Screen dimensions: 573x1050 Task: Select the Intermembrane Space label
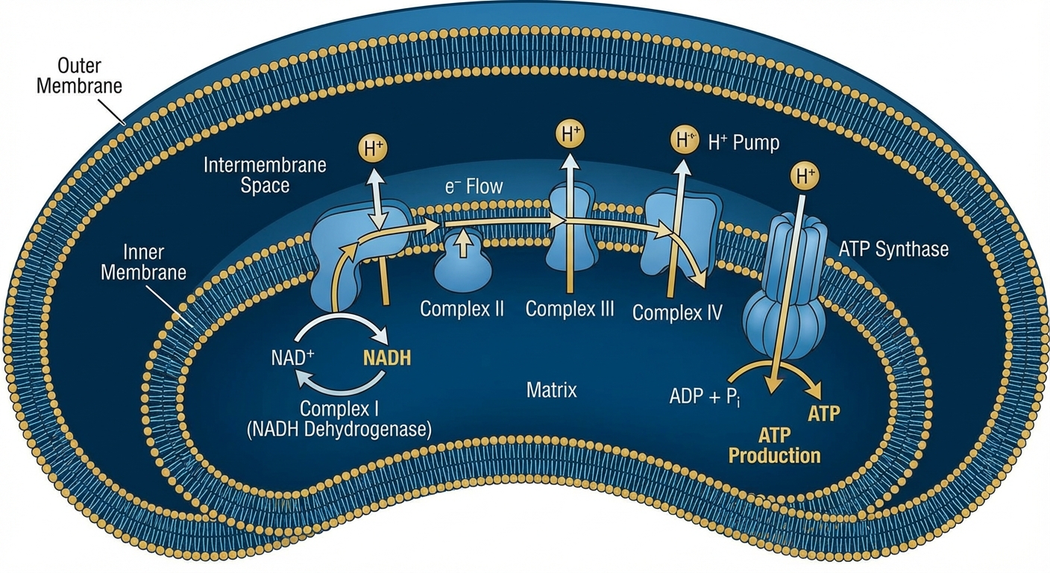(x=265, y=175)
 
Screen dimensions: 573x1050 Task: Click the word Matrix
(x=551, y=389)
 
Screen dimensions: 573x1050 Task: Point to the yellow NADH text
(x=387, y=357)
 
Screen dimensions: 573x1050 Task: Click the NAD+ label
(x=292, y=357)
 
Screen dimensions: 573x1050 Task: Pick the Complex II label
(x=462, y=308)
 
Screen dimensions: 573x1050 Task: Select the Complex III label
(x=570, y=308)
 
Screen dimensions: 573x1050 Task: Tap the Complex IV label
(x=677, y=312)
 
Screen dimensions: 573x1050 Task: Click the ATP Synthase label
(x=893, y=248)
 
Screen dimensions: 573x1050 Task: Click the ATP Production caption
(x=774, y=445)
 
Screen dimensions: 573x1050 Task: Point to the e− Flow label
(x=474, y=186)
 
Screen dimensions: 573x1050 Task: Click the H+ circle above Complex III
(x=570, y=135)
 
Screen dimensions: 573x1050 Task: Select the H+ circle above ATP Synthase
(x=803, y=177)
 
